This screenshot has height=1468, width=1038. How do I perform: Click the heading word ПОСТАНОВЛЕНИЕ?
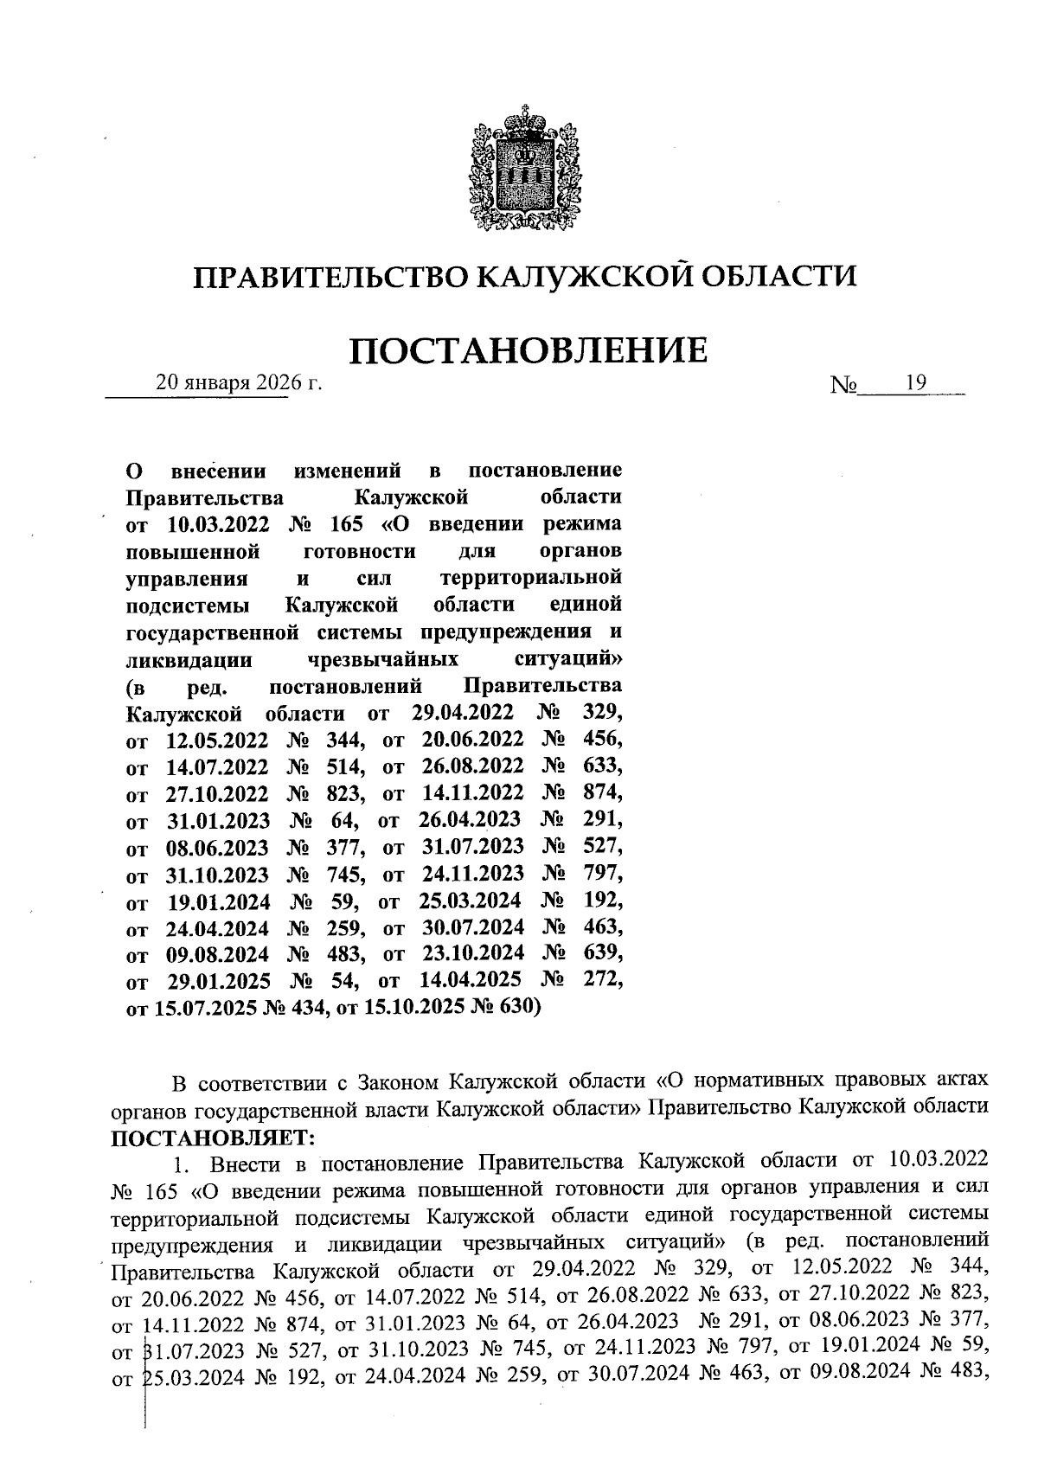point(529,350)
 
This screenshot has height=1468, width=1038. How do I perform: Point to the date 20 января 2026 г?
point(238,382)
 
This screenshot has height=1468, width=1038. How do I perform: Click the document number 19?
point(916,382)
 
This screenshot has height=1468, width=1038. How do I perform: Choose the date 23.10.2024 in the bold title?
point(472,953)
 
